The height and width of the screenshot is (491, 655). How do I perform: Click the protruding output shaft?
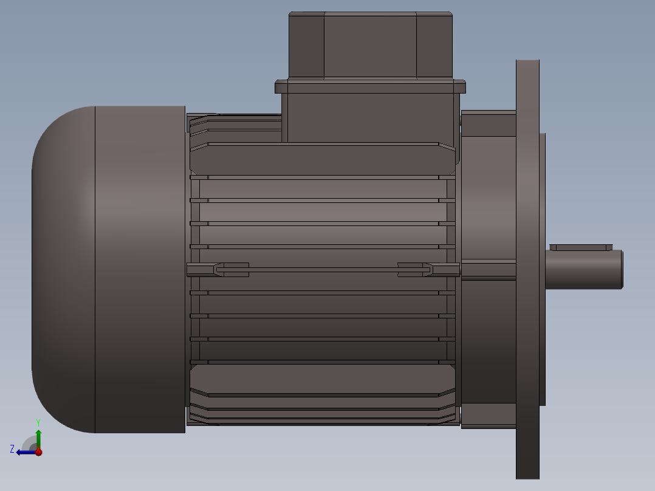pyautogui.click(x=584, y=269)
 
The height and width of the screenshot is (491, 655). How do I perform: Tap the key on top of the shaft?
pyautogui.click(x=581, y=247)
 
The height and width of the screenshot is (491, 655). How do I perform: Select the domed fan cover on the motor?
pyautogui.click(x=109, y=270)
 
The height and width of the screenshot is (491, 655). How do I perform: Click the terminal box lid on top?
pyautogui.click(x=371, y=45)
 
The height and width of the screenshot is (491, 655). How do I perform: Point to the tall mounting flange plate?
pyautogui.click(x=527, y=270)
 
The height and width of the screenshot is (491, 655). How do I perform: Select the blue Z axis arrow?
pyautogui.click(x=27, y=452)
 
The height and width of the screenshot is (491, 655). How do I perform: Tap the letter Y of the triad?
pyautogui.click(x=38, y=422)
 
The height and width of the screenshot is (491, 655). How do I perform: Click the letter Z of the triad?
pyautogui.click(x=12, y=449)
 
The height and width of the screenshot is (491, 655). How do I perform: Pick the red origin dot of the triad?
pyautogui.click(x=39, y=452)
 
